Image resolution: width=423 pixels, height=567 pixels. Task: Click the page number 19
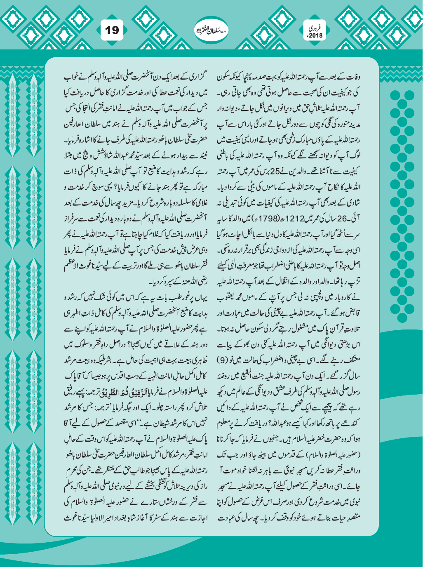112,30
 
